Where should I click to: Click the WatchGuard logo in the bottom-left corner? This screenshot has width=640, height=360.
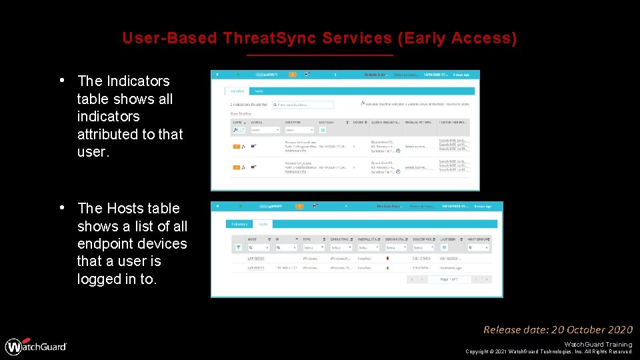tap(37, 346)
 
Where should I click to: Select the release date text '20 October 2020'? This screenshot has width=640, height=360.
tap(591, 329)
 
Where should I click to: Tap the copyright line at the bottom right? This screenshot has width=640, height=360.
tap(548, 351)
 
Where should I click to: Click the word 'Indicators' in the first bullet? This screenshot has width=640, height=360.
tap(123, 81)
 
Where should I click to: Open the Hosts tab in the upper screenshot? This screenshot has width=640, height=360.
tap(259, 91)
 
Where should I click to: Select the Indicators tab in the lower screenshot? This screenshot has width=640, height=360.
tap(239, 224)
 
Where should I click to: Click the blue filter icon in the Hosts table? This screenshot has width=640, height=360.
tap(239, 247)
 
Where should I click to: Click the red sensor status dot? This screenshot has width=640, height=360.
tap(387, 257)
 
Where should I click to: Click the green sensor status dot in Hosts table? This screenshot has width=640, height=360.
tap(387, 268)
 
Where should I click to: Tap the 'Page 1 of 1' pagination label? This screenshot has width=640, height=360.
tap(449, 279)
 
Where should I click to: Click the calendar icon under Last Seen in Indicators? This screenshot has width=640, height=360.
tap(323, 130)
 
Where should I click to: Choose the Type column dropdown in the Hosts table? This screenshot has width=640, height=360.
tap(313, 247)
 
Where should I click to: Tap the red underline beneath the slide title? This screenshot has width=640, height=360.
tap(320, 55)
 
